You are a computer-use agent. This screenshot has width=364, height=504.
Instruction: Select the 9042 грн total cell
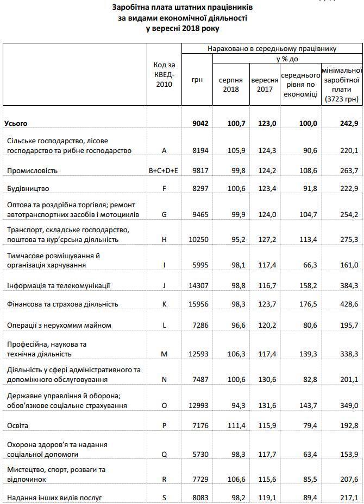click(x=201, y=124)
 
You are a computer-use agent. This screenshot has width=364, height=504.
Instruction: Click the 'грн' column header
click(x=197, y=79)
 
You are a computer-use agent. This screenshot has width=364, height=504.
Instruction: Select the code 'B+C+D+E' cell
click(x=164, y=170)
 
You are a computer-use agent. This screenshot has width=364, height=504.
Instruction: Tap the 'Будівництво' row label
click(x=28, y=189)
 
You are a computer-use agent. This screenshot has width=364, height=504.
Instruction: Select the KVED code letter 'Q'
click(x=164, y=454)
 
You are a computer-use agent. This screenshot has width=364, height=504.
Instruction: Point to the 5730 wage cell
click(x=200, y=454)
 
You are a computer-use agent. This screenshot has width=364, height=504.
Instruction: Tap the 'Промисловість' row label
click(x=33, y=170)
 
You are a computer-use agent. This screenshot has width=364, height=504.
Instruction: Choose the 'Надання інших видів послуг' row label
click(x=54, y=497)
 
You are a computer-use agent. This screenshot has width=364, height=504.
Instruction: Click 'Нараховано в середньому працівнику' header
click(x=272, y=49)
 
